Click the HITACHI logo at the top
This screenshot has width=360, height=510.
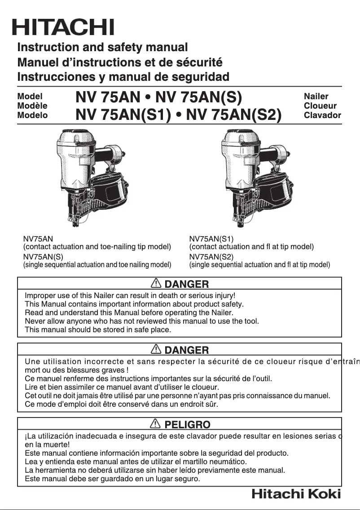point(63,27)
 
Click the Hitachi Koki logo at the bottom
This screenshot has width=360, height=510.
point(296,494)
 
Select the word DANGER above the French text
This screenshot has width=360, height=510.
point(186,350)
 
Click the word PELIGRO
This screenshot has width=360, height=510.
point(187,424)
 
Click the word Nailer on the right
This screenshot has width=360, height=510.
point(316,96)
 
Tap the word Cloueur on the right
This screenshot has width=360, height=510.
point(320,106)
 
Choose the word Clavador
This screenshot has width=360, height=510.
point(322,115)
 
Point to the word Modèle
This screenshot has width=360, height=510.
point(32,106)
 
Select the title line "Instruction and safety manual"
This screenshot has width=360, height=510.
point(102,47)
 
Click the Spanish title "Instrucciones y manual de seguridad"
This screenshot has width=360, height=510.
point(123,76)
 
